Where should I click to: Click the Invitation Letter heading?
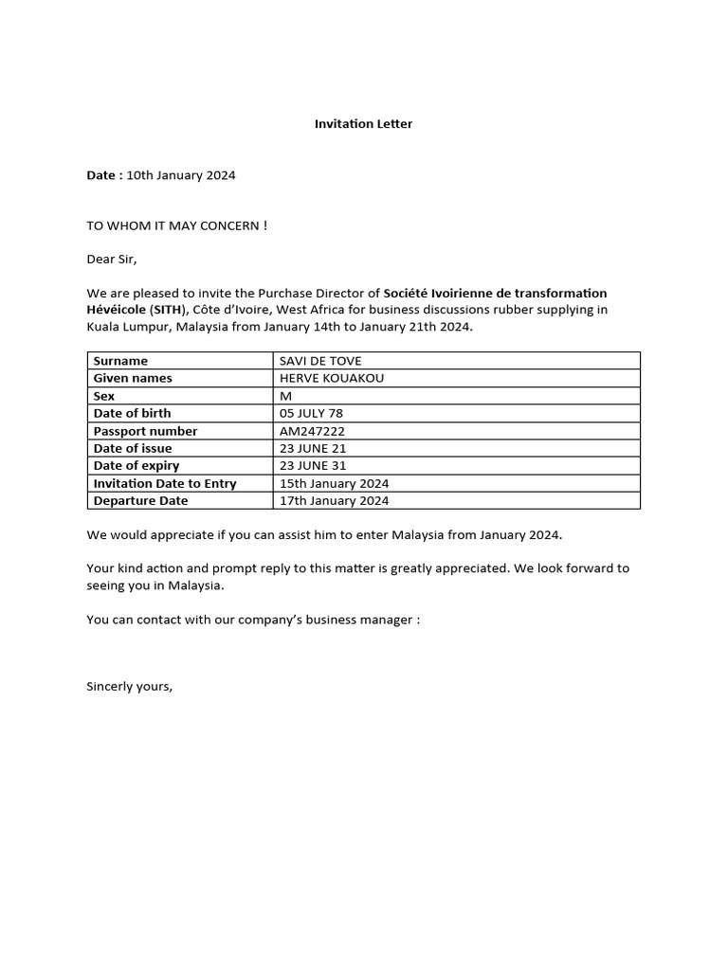click(x=363, y=124)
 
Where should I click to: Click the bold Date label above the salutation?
click(x=102, y=175)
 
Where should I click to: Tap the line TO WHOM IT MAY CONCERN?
click(x=176, y=225)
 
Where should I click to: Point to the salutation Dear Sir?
click(x=112, y=259)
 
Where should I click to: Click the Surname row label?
click(x=120, y=361)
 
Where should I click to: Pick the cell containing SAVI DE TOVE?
click(x=320, y=361)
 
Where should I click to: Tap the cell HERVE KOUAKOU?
click(x=332, y=378)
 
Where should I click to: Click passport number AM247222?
click(x=312, y=431)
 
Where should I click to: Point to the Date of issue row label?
click(x=133, y=448)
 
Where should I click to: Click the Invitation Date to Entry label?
click(x=165, y=483)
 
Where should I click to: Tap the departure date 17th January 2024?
click(x=334, y=501)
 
